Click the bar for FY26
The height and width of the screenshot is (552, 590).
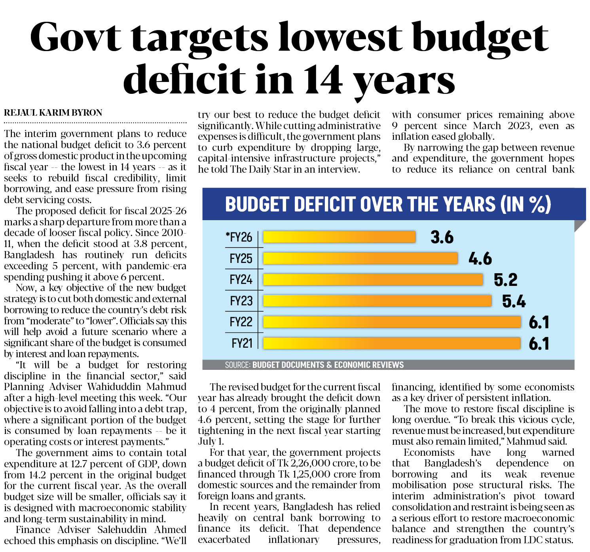(x=339, y=237)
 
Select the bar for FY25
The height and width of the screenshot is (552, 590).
(x=360, y=258)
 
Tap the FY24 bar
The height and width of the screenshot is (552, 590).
(x=373, y=280)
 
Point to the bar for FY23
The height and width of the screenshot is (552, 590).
(x=377, y=301)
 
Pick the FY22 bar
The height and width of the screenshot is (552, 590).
(x=392, y=322)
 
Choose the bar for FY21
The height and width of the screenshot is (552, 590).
(x=392, y=343)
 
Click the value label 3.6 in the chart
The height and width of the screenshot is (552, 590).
(x=442, y=237)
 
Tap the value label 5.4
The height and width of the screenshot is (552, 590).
(x=514, y=301)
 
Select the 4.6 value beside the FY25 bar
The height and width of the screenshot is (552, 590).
(x=480, y=259)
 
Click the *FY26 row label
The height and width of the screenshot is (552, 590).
(x=239, y=237)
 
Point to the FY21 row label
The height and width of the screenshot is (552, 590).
(x=241, y=343)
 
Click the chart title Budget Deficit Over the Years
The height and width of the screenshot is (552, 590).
(x=388, y=204)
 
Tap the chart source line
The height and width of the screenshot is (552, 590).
(x=314, y=365)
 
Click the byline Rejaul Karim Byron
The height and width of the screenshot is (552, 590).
(x=53, y=113)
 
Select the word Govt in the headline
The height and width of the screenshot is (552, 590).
(x=75, y=38)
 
